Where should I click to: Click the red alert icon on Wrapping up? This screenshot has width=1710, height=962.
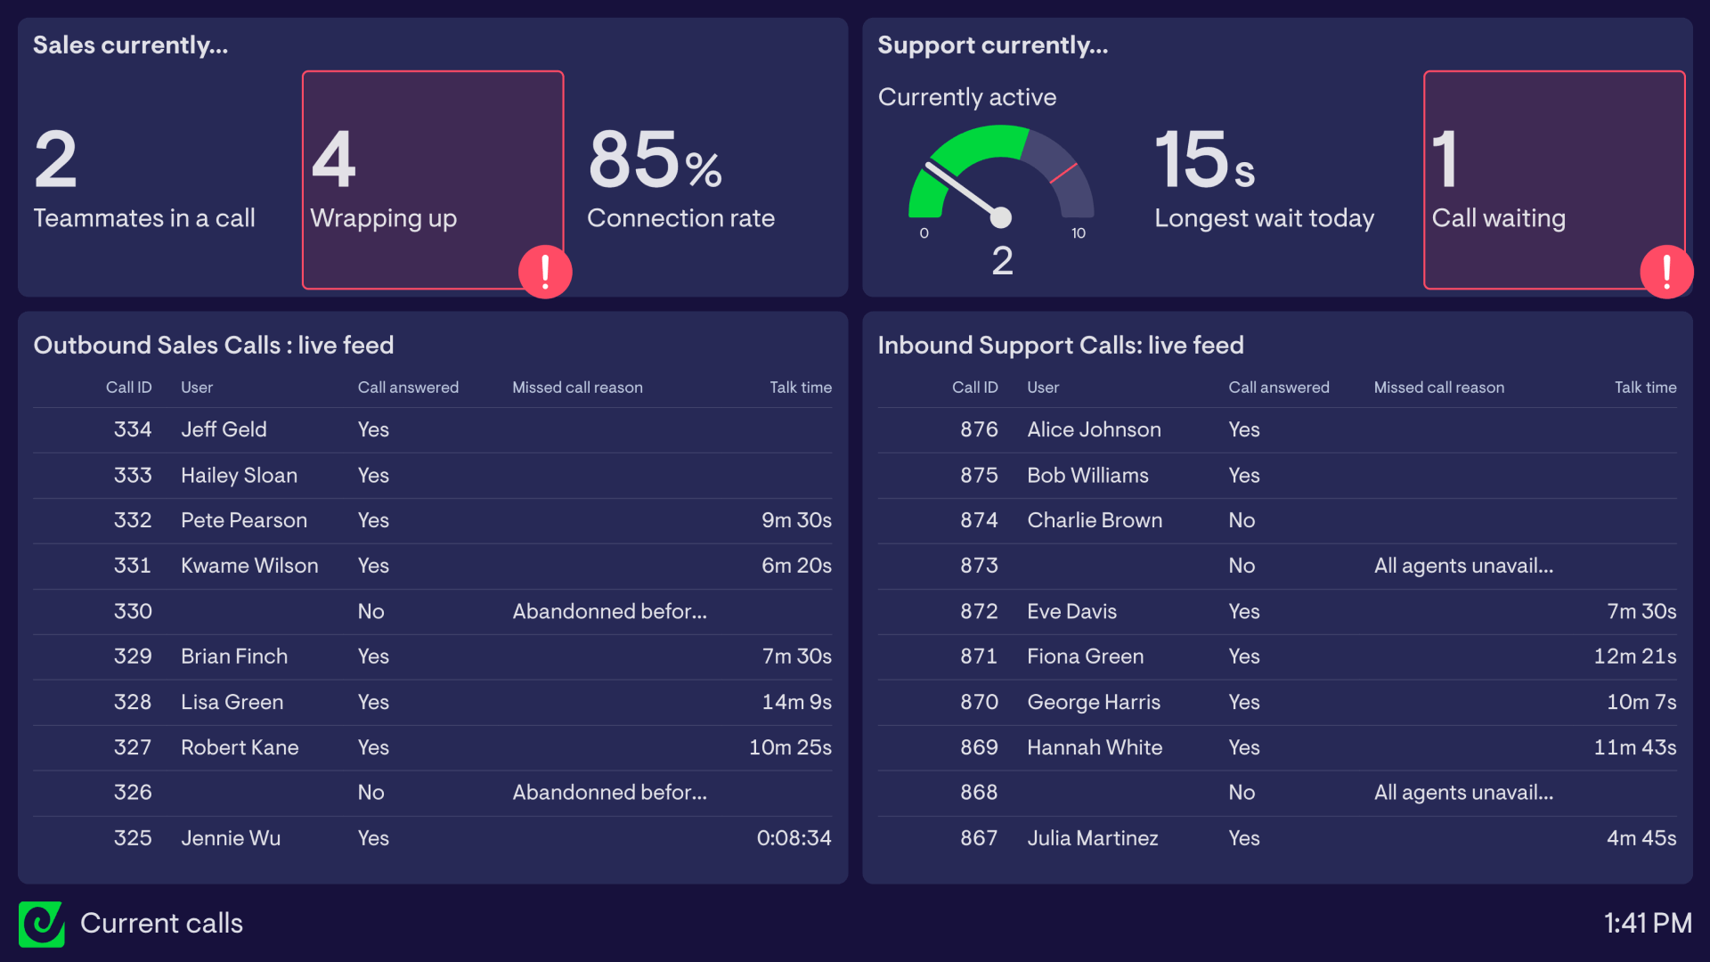(x=545, y=272)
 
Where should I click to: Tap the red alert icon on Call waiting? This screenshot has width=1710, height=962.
(x=1666, y=272)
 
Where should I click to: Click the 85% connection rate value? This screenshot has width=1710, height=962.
(x=655, y=160)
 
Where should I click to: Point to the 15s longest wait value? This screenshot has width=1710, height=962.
(x=1204, y=160)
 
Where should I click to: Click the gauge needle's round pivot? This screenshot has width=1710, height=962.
(x=1001, y=217)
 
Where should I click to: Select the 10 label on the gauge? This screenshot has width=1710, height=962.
(x=1078, y=233)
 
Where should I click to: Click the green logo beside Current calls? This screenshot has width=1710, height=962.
(x=41, y=924)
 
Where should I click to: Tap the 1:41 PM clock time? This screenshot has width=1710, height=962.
(x=1648, y=924)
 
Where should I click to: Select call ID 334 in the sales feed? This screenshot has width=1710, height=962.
(x=133, y=429)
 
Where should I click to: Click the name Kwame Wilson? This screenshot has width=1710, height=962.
(x=249, y=566)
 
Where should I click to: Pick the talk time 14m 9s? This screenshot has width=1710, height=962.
(x=796, y=702)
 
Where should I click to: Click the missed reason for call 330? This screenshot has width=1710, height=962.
(x=609, y=611)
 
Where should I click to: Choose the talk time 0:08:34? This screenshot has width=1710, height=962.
(x=794, y=838)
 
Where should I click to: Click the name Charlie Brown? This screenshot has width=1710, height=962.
(x=1095, y=520)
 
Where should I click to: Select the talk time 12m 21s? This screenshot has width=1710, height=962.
(x=1634, y=656)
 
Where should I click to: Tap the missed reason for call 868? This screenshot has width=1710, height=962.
(x=1463, y=793)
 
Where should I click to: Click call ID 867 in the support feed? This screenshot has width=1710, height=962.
(x=979, y=838)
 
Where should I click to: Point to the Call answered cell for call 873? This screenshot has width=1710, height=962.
(x=1242, y=566)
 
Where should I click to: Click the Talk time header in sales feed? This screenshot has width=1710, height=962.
(x=801, y=387)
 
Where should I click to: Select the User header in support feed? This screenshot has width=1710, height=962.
(x=1043, y=387)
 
